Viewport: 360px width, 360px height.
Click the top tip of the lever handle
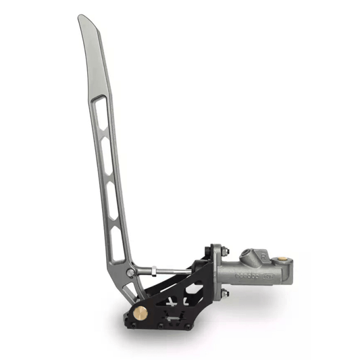(81, 18)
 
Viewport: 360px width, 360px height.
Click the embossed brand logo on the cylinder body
(246, 276)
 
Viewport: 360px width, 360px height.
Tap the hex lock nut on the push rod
(154, 271)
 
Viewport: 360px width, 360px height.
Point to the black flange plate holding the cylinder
(215, 272)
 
